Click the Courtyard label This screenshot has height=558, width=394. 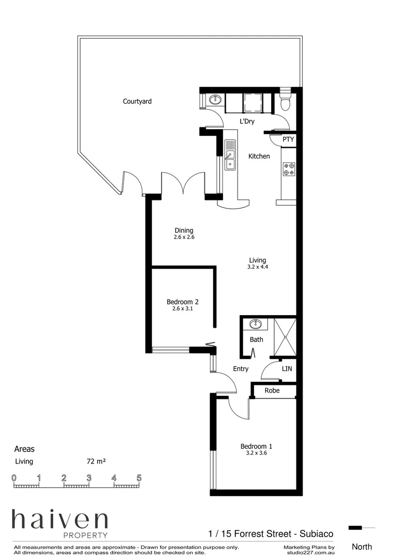click(137, 102)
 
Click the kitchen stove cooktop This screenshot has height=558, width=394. click(289, 169)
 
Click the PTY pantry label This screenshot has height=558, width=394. click(289, 139)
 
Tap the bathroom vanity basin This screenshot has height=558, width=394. click(255, 324)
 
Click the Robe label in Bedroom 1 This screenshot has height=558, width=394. click(272, 391)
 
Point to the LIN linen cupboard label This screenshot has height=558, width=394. click(287, 369)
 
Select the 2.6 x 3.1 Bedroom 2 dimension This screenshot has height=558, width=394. click(182, 309)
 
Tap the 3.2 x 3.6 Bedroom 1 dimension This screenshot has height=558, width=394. click(256, 453)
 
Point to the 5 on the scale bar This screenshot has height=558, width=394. click(139, 477)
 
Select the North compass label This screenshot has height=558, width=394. click(361, 547)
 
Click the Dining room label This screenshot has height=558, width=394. click(183, 230)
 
